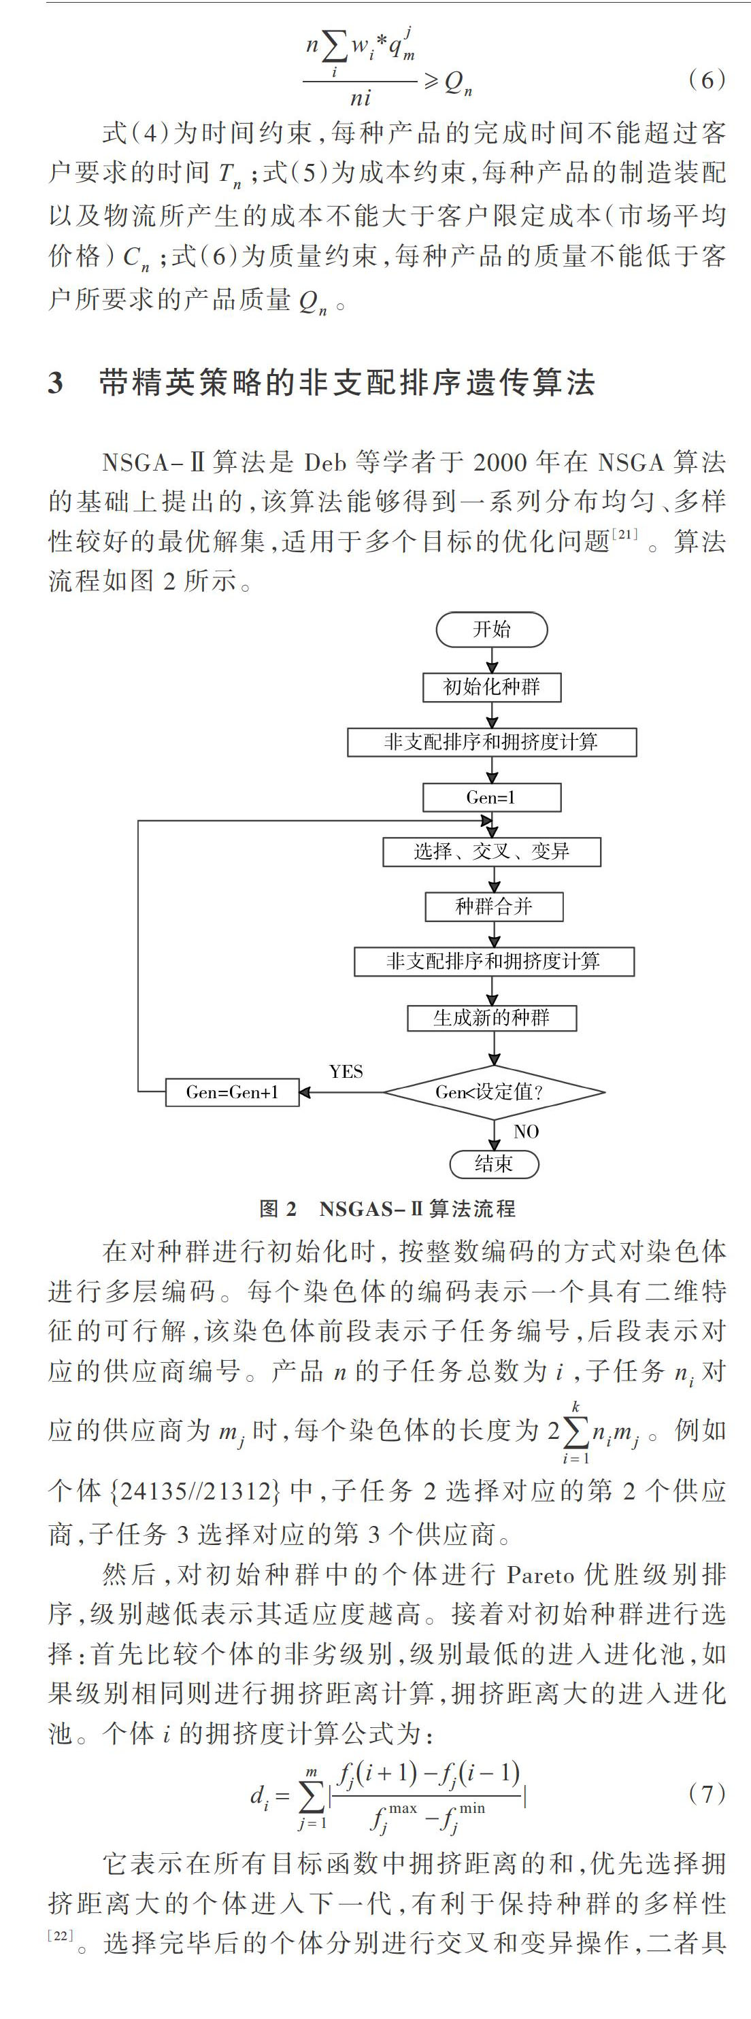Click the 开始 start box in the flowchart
coord(492,630)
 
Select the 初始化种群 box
coord(492,688)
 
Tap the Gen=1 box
coord(492,798)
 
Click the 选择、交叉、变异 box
coord(492,852)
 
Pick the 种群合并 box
coord(494,907)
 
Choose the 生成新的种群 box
coord(492,1018)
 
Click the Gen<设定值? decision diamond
coord(494,1092)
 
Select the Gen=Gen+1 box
coord(232,1092)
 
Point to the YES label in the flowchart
coord(346,1072)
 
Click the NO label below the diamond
coord(526,1131)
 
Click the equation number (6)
coord(706,80)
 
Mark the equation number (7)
coord(706,1793)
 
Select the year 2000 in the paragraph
coord(500,462)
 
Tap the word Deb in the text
coord(324,462)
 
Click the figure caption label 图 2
coord(278,1208)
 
